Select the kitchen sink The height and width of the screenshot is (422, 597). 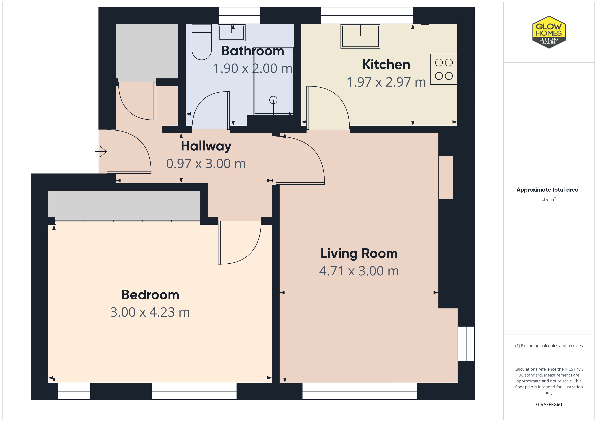click(x=360, y=36)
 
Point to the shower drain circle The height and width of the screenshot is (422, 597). click(x=273, y=100)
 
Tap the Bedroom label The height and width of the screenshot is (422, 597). click(x=150, y=295)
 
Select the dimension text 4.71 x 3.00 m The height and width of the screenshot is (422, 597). click(x=359, y=271)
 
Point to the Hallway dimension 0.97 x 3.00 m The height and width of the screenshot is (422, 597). click(x=206, y=164)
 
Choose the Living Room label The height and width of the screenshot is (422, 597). click(x=359, y=253)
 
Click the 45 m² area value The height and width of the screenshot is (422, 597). click(x=549, y=199)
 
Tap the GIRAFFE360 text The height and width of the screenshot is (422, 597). click(x=549, y=405)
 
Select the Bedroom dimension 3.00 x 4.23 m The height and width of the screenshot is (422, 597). click(x=150, y=312)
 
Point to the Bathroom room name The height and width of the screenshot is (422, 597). click(x=252, y=51)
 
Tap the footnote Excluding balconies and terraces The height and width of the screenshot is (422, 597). click(x=549, y=346)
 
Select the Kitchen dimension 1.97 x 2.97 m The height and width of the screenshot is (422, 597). click(x=386, y=82)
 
